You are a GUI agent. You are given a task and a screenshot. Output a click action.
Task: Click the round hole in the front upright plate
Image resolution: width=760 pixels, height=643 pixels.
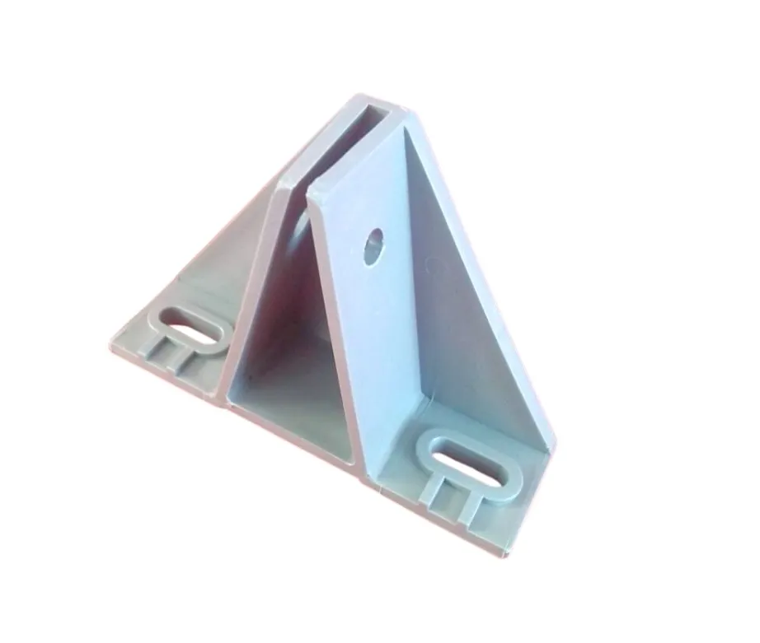pyautogui.click(x=373, y=245)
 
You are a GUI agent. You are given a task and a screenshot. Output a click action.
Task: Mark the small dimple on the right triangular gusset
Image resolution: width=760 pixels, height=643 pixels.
pyautogui.click(x=429, y=263)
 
